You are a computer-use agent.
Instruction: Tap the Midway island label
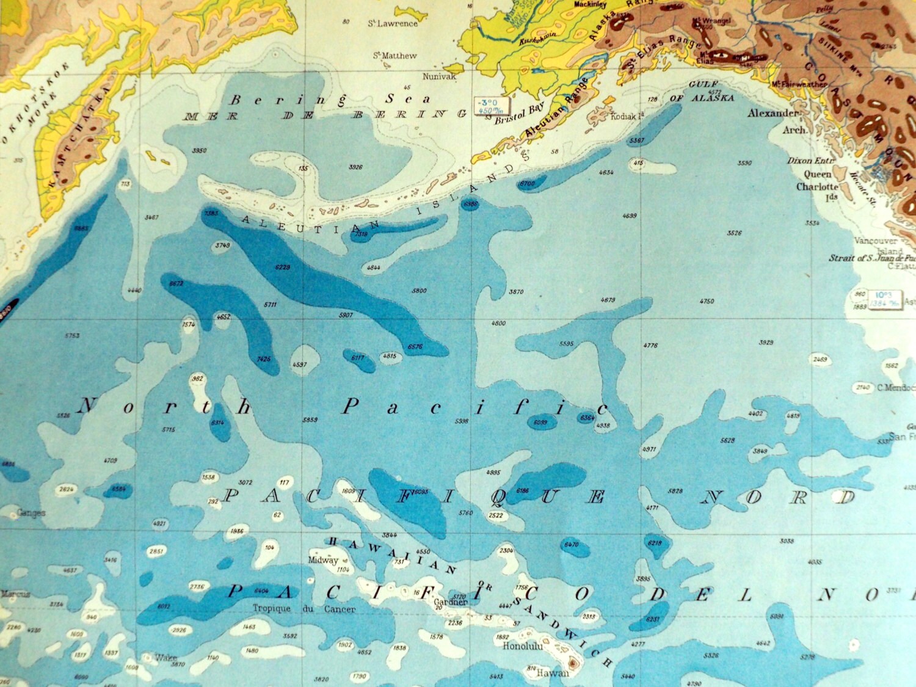[323, 560]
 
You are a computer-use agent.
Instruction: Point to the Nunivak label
[439, 77]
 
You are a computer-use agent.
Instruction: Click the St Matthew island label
[395, 56]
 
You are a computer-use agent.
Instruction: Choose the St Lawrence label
[393, 23]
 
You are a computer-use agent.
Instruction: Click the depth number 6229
[283, 267]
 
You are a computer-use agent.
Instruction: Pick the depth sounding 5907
[346, 315]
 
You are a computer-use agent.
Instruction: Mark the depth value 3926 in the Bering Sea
[355, 167]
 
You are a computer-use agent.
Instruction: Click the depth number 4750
[707, 301]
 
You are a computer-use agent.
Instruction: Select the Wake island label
[165, 658]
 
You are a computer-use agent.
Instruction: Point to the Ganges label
[31, 512]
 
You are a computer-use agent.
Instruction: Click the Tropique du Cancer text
[304, 609]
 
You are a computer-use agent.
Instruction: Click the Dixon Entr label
[809, 161]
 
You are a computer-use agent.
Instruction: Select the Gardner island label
[451, 602]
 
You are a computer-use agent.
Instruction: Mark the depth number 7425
[264, 359]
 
